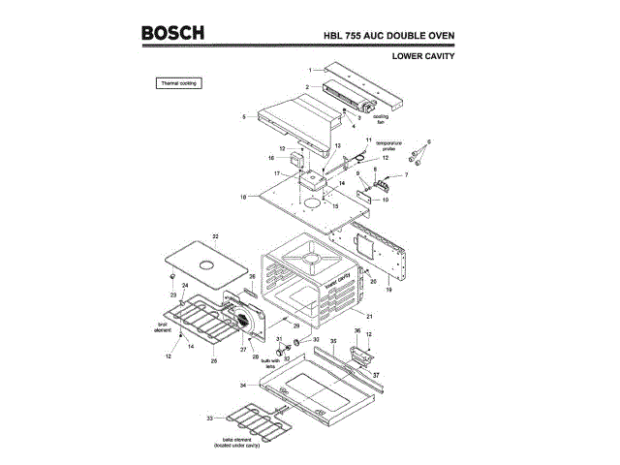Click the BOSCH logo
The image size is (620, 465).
tap(172, 34)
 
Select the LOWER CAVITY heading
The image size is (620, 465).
tap(423, 56)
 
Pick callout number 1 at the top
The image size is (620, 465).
tap(311, 71)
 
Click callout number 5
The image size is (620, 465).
tap(244, 116)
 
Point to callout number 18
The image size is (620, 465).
tap(230, 197)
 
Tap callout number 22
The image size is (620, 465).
tap(215, 236)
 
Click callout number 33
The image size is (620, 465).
tap(210, 418)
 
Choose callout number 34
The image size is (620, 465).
tap(244, 386)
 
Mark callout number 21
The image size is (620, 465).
tap(368, 316)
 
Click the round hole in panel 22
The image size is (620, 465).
tap(206, 264)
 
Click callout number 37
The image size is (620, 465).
tap(376, 374)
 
